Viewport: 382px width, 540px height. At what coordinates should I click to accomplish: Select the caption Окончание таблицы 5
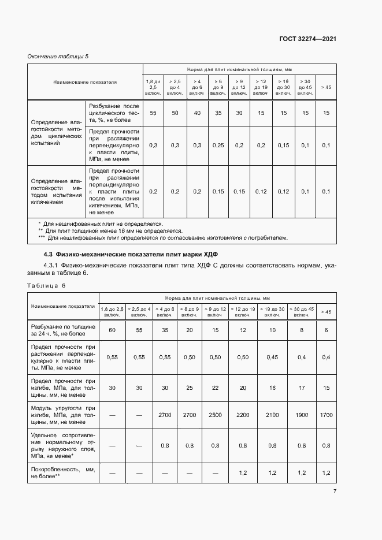click(58, 56)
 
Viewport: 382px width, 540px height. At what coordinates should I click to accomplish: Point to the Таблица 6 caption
click(47, 285)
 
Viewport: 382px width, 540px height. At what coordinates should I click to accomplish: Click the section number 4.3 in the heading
click(49, 254)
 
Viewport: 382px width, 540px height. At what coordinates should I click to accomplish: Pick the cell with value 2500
click(215, 415)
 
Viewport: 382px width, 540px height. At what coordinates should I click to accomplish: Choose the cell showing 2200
click(243, 415)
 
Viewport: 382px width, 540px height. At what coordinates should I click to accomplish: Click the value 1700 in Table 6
click(325, 415)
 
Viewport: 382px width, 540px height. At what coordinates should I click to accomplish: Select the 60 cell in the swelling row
click(112, 330)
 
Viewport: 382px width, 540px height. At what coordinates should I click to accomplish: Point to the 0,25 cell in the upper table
click(218, 145)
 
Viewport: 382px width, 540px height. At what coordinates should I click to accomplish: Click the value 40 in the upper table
click(197, 113)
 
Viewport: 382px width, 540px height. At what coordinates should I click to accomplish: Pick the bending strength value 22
click(215, 388)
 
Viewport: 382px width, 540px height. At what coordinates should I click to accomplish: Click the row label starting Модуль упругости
click(64, 415)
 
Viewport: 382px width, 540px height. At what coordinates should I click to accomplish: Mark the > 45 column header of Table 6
click(325, 311)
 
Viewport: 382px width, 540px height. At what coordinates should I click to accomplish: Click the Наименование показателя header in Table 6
click(64, 306)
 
